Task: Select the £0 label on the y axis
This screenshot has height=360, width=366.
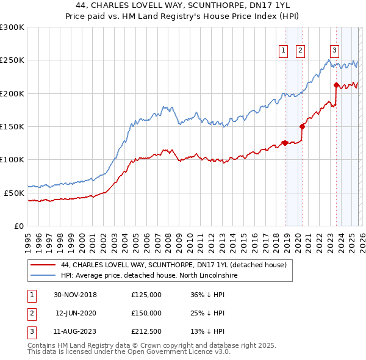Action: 18,226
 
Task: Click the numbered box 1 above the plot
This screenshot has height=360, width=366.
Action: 284,51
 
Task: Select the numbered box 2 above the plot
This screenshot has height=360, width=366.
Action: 301,51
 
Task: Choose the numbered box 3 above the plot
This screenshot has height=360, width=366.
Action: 335,51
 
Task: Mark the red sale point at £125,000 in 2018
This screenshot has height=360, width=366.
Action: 285,143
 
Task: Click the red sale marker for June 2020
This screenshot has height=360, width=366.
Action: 302,127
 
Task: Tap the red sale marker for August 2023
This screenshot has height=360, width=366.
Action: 336,85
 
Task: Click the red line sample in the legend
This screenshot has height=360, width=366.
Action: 44,265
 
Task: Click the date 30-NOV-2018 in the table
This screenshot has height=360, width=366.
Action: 75,295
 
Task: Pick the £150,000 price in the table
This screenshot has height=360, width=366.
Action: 146,313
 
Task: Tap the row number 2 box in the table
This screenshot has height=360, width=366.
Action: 31,313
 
